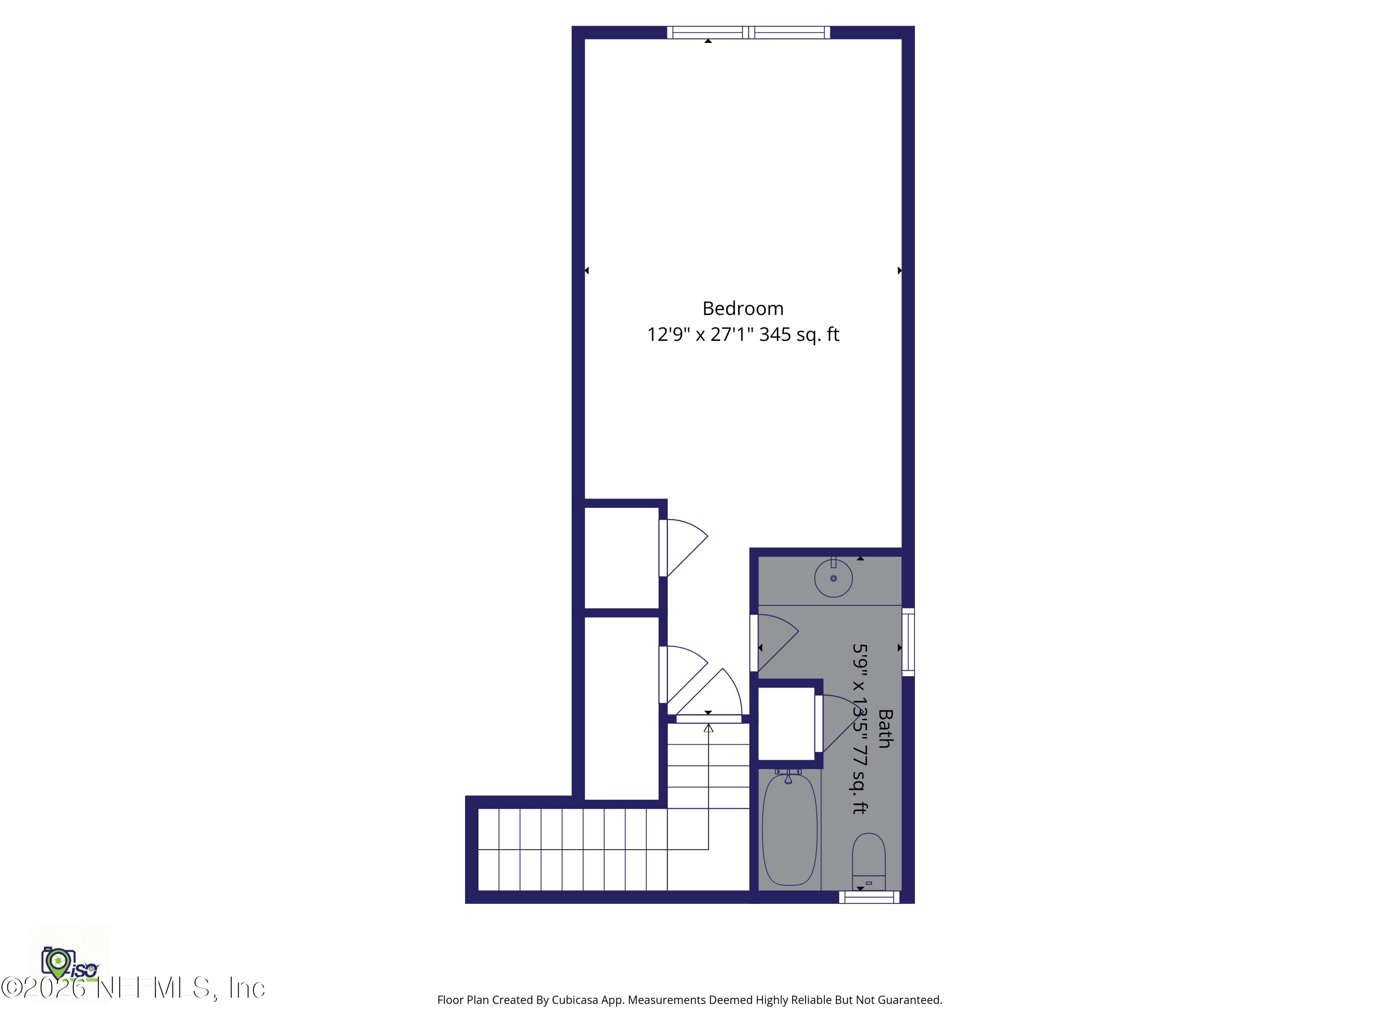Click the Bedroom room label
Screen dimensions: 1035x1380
tap(742, 308)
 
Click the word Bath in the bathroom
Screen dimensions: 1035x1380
tap(885, 728)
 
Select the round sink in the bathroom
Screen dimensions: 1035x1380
tap(833, 578)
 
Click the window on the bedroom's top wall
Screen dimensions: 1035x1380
tap(748, 33)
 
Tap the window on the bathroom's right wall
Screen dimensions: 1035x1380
tap(908, 642)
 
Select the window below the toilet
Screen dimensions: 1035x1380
tap(869, 897)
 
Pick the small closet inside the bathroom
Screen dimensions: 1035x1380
tap(786, 724)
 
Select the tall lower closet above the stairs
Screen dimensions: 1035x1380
tap(621, 708)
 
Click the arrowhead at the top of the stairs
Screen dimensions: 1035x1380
tap(708, 728)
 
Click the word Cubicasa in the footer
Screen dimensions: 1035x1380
tap(575, 1000)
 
